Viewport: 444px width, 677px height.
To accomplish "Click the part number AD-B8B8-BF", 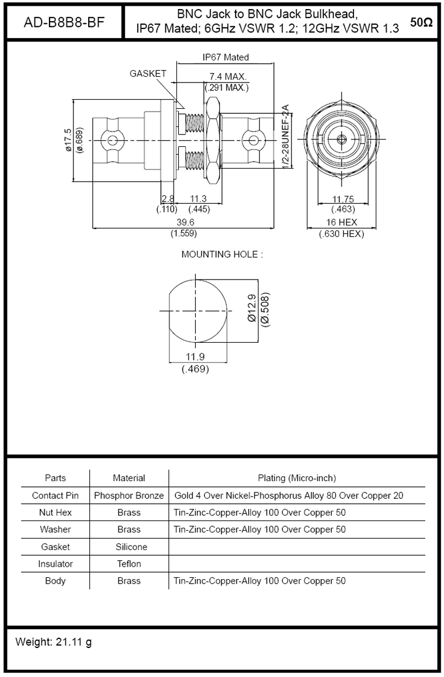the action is coord(64,22).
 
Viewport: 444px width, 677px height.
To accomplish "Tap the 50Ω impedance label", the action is coord(421,22).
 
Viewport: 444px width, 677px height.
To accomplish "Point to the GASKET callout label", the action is coord(147,74).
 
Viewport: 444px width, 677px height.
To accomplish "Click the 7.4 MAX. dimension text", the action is coord(228,77).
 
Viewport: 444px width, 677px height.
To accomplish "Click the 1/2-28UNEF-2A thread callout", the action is coord(285,137).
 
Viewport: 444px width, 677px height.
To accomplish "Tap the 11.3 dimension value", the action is coord(199,199).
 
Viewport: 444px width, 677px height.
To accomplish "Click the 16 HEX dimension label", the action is coord(342,223).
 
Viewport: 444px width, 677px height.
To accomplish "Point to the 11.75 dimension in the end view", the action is coord(343,199).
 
